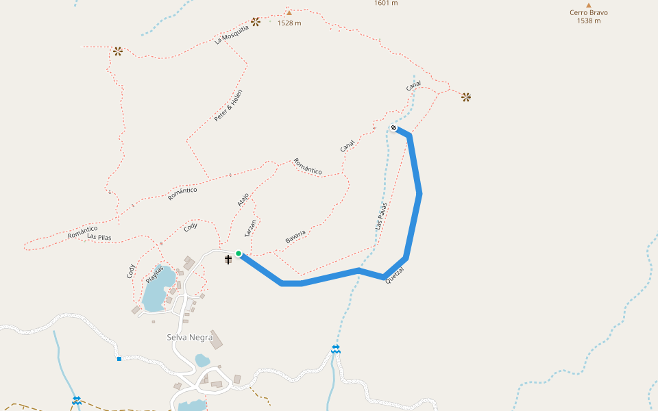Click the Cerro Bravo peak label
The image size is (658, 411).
[x=588, y=12]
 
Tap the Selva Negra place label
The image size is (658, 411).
[x=190, y=337]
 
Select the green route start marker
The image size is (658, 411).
[x=239, y=254]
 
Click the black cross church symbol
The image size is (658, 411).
[x=228, y=259]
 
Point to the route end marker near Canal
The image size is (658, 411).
[x=394, y=127]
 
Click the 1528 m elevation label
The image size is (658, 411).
[x=289, y=23]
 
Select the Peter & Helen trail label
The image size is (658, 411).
[x=228, y=106]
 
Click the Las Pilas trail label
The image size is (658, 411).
[x=99, y=237]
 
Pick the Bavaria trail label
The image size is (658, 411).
[x=295, y=238]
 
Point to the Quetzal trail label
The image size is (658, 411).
[x=395, y=276]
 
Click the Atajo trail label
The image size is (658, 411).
[x=243, y=199]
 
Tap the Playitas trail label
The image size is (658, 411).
[x=155, y=275]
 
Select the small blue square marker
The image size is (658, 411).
[x=119, y=358]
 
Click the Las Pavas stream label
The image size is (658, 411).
[x=381, y=215]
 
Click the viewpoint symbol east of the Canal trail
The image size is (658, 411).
[x=466, y=97]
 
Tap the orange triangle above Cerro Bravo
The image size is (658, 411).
[x=588, y=4]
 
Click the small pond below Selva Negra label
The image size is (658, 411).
[x=202, y=360]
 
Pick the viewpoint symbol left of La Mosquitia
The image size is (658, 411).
[x=117, y=51]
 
